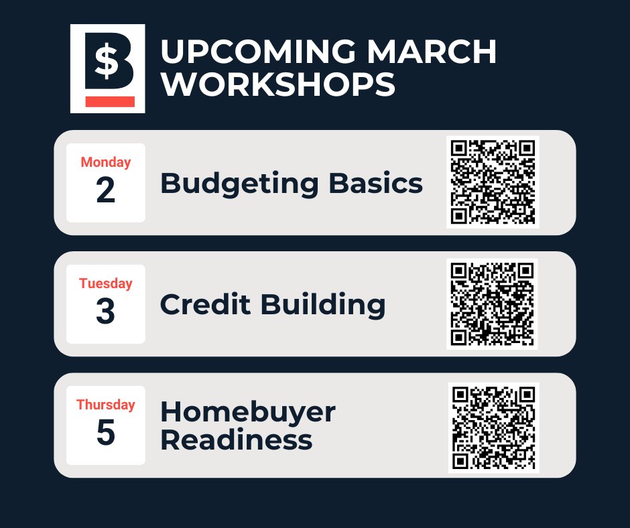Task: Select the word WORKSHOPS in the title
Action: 277,85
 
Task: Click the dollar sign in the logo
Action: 105,62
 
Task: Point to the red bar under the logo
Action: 110,101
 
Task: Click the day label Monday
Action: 106,162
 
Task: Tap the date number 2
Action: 106,191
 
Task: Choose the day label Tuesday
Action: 106,283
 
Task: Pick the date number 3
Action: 106,312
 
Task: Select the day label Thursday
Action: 106,405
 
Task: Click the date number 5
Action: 106,434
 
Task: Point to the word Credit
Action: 205,305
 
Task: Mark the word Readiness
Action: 236,440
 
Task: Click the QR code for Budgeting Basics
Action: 493,182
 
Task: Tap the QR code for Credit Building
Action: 493,304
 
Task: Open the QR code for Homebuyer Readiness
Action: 493,427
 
